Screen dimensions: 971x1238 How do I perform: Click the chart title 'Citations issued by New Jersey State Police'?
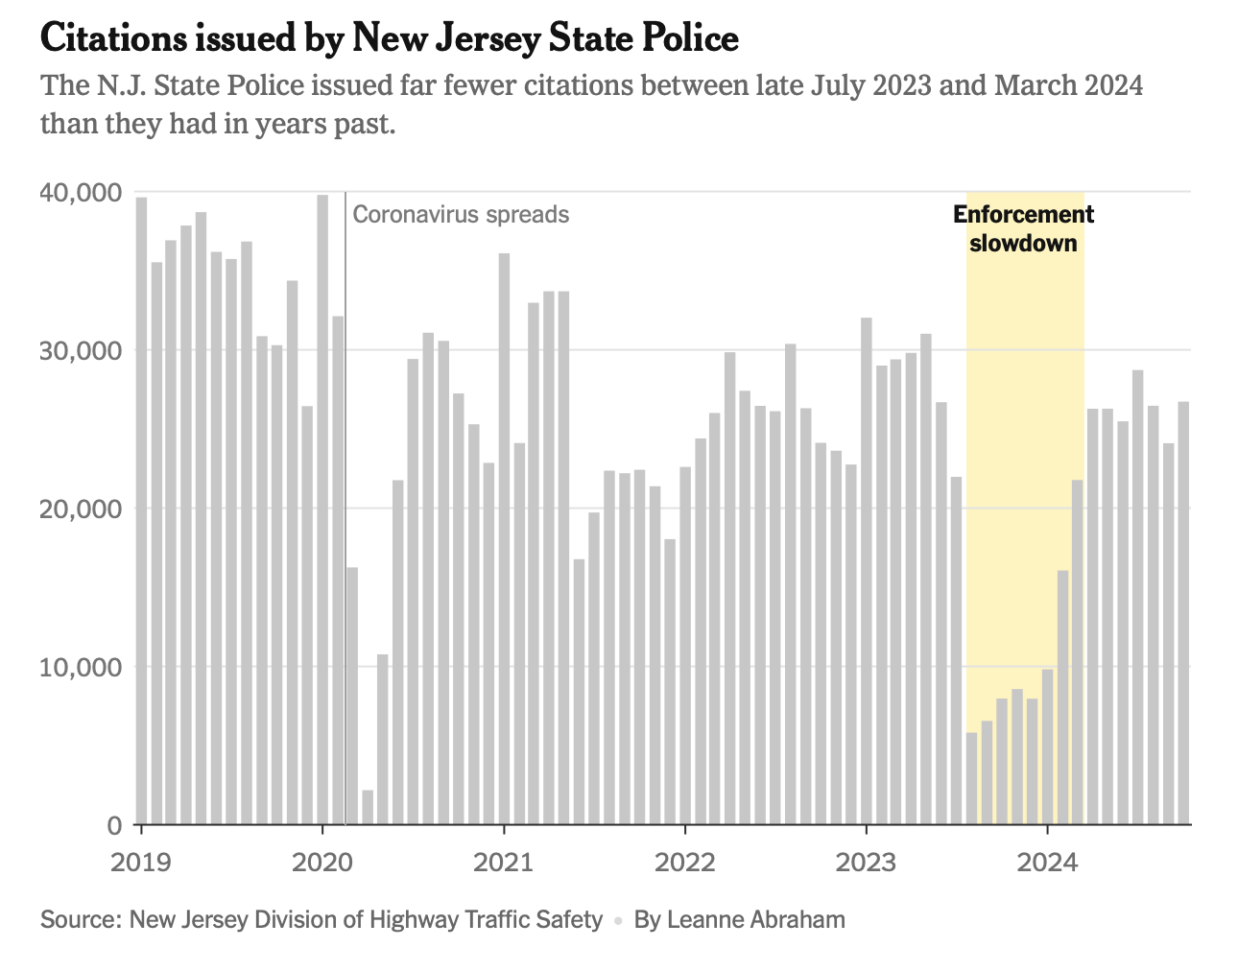coord(389,38)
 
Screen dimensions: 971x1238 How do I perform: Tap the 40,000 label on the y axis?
coord(81,193)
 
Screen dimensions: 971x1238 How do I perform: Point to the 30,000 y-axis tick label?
coord(81,350)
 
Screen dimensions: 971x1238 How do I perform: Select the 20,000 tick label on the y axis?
coord(81,509)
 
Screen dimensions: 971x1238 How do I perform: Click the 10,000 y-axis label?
coord(81,667)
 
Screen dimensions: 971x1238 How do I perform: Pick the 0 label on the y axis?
coord(113,824)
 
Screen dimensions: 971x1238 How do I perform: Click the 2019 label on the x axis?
coord(141,862)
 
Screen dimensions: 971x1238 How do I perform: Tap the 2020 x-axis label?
coord(322,862)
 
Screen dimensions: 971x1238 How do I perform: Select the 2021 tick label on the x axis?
coord(504,862)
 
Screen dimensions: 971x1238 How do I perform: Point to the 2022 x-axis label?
coord(685,862)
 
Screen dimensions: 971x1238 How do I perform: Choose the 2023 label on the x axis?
coord(867,862)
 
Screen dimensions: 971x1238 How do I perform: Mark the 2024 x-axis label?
coord(1047,862)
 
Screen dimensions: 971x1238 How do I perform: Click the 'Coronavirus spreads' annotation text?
coord(461,214)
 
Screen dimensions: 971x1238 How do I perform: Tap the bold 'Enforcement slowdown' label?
coord(1023,228)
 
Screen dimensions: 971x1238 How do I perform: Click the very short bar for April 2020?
coord(368,807)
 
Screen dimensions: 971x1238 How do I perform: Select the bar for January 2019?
coord(142,509)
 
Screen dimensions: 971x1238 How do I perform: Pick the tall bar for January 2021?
coord(504,537)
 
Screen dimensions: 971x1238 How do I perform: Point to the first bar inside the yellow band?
coord(971,778)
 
